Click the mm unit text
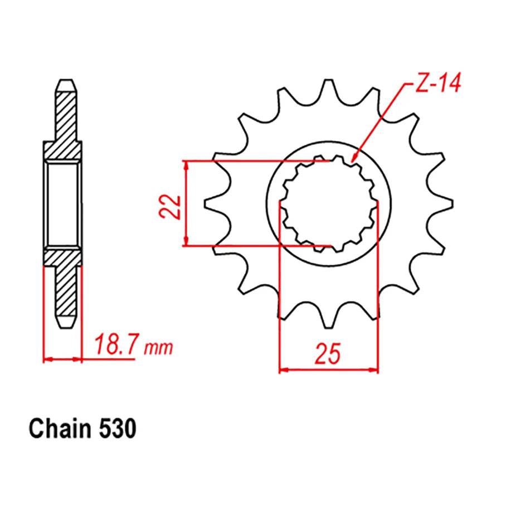[x=159, y=349]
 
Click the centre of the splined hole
[x=328, y=203]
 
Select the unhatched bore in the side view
[x=62, y=204]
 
